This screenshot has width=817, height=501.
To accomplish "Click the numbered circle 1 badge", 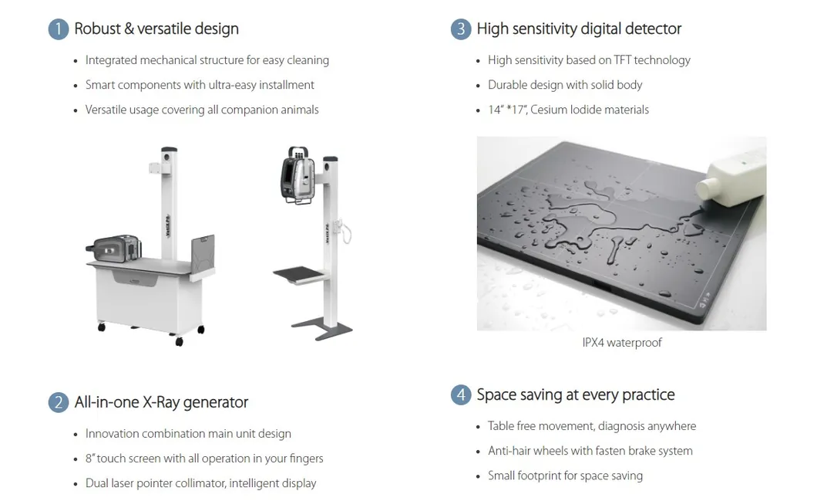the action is pyautogui.click(x=59, y=29).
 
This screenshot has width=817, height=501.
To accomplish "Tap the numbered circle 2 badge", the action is pyautogui.click(x=59, y=402).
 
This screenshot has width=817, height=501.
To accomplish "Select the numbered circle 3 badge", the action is pyautogui.click(x=461, y=29).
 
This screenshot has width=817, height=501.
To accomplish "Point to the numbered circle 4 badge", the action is pyautogui.click(x=461, y=395).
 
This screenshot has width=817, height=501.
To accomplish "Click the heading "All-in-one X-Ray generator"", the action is pyautogui.click(x=161, y=402).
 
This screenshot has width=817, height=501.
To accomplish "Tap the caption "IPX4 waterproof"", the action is pyautogui.click(x=621, y=343).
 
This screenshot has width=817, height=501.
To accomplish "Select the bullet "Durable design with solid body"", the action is pyautogui.click(x=565, y=85).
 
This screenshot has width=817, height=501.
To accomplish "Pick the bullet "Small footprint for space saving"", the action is pyautogui.click(x=565, y=476).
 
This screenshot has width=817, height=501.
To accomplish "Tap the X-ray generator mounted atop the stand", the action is pyautogui.click(x=298, y=174).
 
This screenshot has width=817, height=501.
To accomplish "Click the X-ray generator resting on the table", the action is pyautogui.click(x=113, y=249).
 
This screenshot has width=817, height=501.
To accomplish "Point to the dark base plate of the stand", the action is pyautogui.click(x=322, y=329).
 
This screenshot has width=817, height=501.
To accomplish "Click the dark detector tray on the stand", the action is pyautogui.click(x=299, y=275).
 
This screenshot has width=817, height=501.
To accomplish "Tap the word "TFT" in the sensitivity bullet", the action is pyautogui.click(x=622, y=60).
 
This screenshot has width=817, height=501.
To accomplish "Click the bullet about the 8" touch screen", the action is pyautogui.click(x=204, y=459).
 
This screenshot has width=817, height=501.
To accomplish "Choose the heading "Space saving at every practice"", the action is pyautogui.click(x=575, y=395).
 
